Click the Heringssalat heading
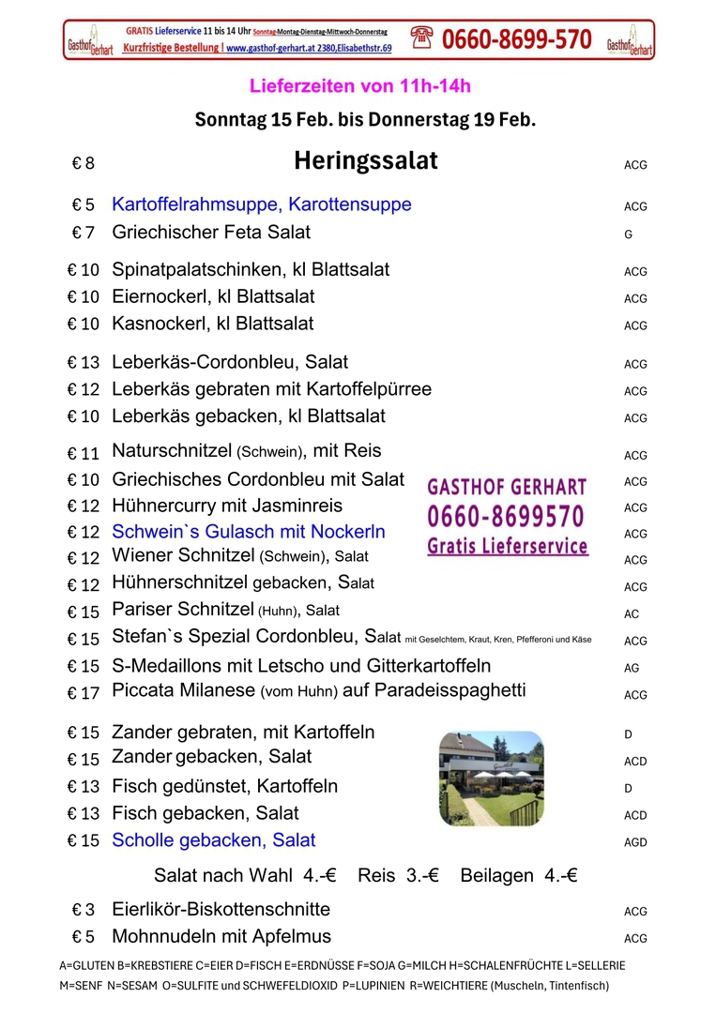coord(365,161)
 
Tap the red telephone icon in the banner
coord(421,38)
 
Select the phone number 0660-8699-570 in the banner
coord(516,39)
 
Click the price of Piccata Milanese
coord(83,694)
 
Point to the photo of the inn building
coord(491,779)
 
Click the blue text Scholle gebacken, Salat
coord(213,840)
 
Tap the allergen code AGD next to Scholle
coord(635,842)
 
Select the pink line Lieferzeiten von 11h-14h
coord(360,86)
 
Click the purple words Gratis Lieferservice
coord(508,546)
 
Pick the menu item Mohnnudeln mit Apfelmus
coord(221,936)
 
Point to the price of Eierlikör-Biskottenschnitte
coord(84,910)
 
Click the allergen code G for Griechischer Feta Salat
coord(628,235)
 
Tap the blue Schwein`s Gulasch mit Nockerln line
coord(249,531)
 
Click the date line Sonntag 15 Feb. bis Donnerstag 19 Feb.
coord(365,119)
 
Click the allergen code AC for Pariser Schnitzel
coord(632,614)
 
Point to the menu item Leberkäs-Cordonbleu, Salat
coord(230,362)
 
